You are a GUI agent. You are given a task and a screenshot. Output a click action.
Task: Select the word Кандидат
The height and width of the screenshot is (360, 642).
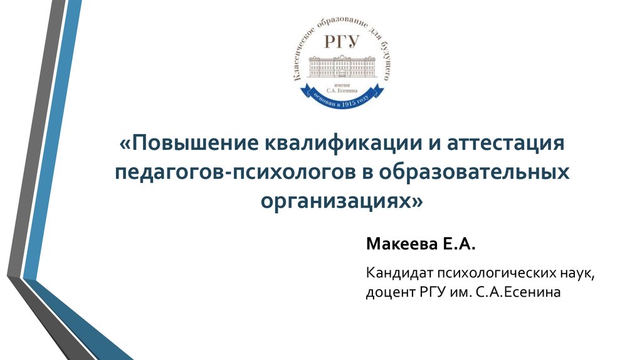[x=393, y=273]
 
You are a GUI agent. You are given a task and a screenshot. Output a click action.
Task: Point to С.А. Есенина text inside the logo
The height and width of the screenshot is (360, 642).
[x=342, y=88]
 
